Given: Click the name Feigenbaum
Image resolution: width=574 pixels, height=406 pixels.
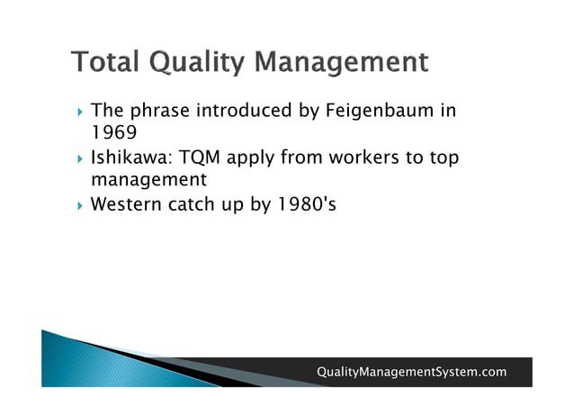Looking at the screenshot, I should point(373,112).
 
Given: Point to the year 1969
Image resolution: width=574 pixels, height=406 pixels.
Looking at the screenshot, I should point(113,133).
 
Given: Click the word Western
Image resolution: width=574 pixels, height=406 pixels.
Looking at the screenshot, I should point(126,204).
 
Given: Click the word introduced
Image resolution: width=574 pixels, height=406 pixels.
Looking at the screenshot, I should point(241,112).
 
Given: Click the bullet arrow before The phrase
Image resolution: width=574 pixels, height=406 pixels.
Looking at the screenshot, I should point(80,113).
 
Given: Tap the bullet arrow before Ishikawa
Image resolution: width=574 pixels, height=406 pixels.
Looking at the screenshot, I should point(80,159).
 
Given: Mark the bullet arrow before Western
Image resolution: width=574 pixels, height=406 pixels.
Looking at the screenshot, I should point(80,205).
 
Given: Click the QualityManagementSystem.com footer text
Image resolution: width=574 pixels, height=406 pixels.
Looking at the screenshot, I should point(411,372).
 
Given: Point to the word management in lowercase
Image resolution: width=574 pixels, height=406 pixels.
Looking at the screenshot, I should point(149,181).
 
